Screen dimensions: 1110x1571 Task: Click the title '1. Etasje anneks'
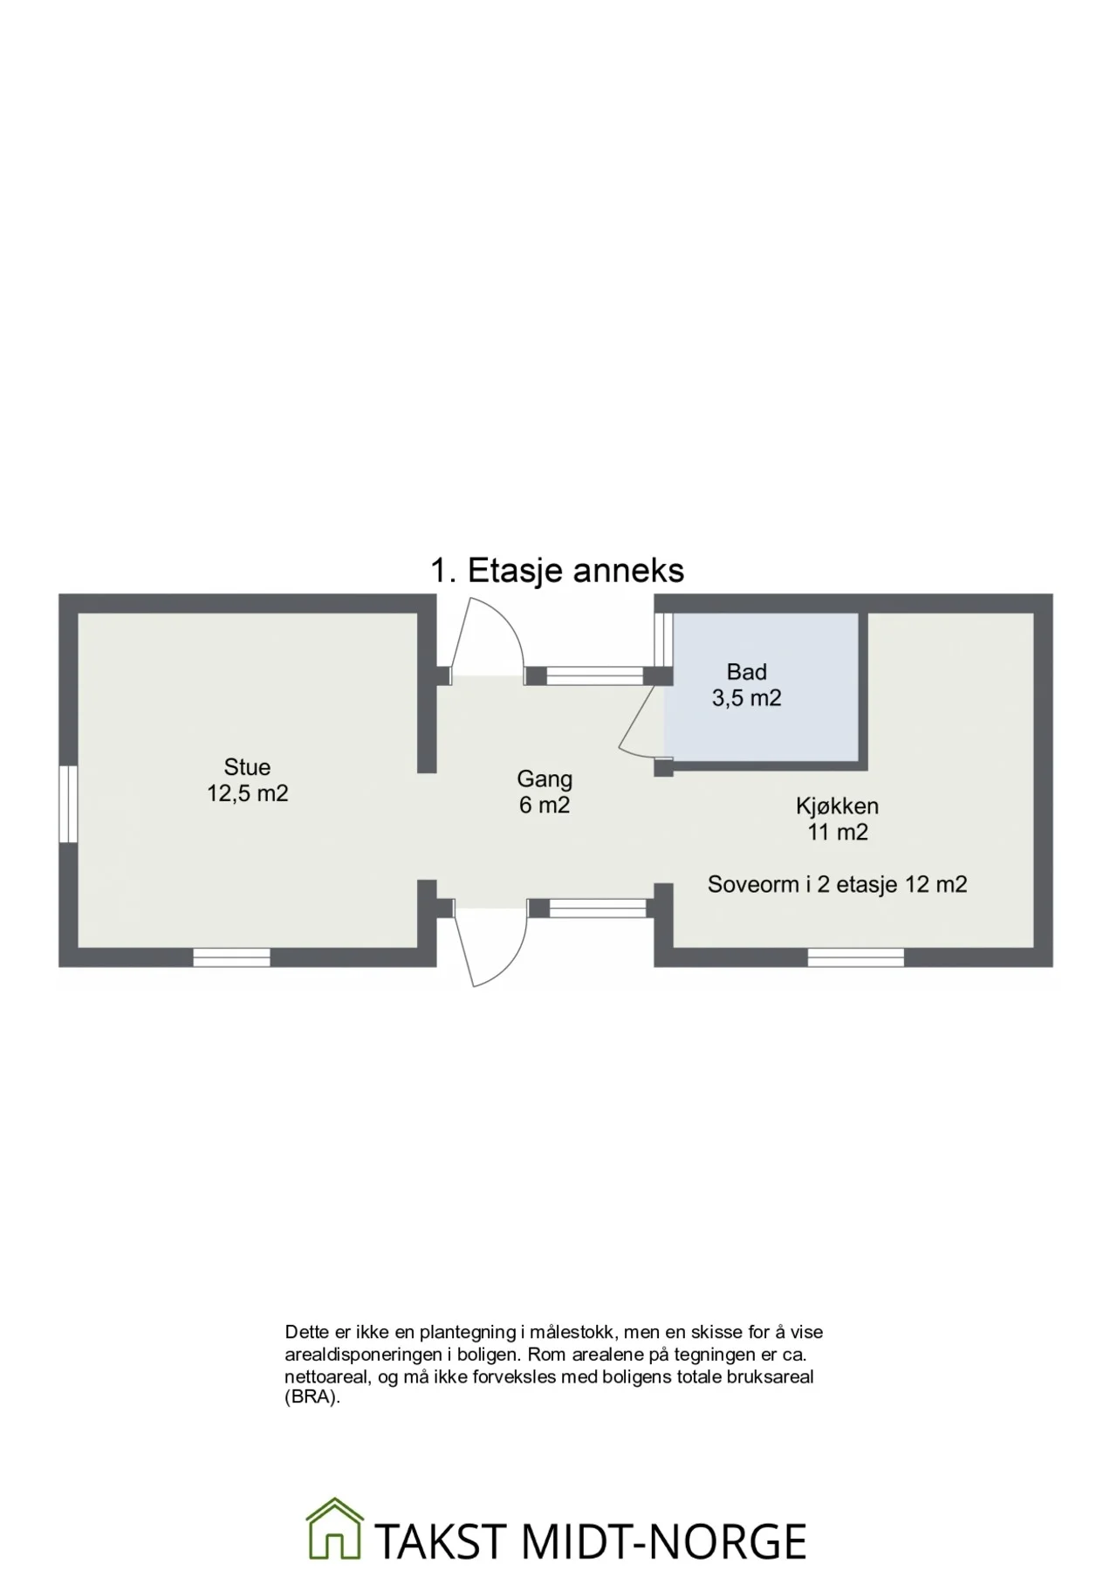pyautogui.click(x=557, y=571)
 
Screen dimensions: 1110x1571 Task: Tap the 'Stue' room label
pyautogui.click(x=247, y=767)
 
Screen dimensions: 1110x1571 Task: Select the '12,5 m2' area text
pyautogui.click(x=248, y=793)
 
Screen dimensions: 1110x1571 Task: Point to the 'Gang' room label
pyautogui.click(x=545, y=779)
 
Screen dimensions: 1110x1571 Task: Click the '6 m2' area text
pyautogui.click(x=545, y=805)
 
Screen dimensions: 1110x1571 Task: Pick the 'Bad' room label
pyautogui.click(x=747, y=672)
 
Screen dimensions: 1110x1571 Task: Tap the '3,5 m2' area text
pyautogui.click(x=747, y=698)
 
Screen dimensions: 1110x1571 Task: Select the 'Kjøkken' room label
pyautogui.click(x=837, y=806)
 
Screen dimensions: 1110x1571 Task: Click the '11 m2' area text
pyautogui.click(x=838, y=833)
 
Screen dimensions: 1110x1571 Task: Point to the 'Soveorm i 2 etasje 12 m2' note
pyautogui.click(x=838, y=885)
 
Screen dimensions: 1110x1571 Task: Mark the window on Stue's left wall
pyautogui.click(x=68, y=804)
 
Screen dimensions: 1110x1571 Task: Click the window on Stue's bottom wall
pyautogui.click(x=231, y=957)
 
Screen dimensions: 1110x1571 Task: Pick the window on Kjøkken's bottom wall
pyautogui.click(x=855, y=957)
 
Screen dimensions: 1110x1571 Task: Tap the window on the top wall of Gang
pyautogui.click(x=595, y=676)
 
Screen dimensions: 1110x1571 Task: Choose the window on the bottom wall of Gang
pyautogui.click(x=598, y=909)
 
